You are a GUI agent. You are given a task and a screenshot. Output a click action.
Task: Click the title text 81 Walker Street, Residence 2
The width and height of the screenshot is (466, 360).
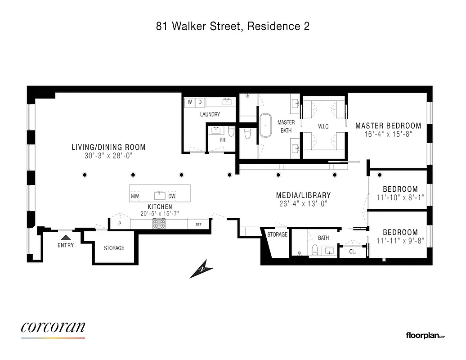tap(233, 27)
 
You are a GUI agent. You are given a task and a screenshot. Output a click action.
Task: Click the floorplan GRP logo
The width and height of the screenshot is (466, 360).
tap(425, 335)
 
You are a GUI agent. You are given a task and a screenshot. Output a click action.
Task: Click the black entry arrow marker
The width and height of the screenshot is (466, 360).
tap(66, 236)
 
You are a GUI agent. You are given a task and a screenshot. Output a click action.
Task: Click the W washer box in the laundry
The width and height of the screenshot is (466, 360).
tap(190, 102)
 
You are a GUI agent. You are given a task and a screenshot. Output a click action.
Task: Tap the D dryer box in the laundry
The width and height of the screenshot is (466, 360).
tap(200, 102)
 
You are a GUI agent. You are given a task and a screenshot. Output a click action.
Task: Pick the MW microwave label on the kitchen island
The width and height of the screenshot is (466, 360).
tap(135, 197)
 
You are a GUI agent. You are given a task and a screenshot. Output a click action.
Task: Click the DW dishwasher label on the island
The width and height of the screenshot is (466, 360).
tap(171, 197)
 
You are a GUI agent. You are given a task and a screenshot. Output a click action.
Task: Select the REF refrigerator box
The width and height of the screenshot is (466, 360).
tap(198, 224)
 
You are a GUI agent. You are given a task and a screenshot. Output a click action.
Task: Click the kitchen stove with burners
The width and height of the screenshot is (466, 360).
tap(159, 224)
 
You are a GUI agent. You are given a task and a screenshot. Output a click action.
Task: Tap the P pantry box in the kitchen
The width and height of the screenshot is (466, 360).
tap(120, 224)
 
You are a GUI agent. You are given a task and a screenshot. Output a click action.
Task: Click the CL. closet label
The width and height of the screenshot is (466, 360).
tap(353, 252)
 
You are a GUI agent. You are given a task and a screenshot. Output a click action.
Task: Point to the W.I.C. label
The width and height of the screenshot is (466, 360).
tap(323, 126)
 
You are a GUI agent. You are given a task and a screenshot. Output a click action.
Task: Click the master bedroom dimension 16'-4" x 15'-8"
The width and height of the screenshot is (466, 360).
tap(388, 134)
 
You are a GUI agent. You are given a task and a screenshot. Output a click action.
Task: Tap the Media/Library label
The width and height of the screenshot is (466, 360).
tap(303, 195)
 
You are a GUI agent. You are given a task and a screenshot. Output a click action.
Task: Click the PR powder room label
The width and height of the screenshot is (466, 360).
tap(222, 140)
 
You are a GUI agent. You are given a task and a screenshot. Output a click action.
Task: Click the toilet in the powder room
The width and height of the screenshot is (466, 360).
tap(231, 131)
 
